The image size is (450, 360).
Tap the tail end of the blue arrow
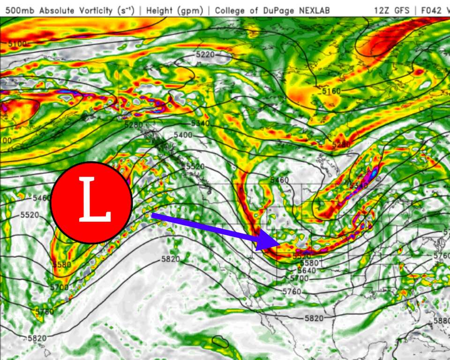152,215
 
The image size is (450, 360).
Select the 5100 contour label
17,44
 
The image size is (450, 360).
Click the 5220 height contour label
205,55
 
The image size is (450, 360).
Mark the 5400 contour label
183,135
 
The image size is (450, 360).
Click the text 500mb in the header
17,10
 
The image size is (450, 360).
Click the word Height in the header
159,10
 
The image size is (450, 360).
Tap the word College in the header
232,10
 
